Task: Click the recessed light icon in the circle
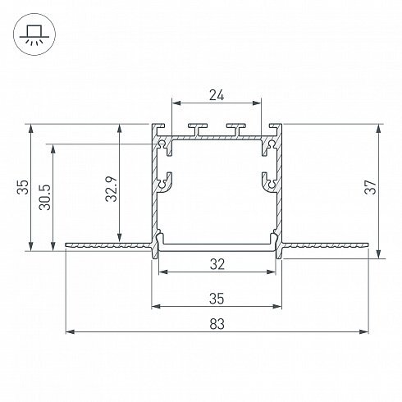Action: (34, 34)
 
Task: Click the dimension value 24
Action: (217, 95)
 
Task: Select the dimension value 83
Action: (217, 324)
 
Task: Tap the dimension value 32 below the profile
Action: (217, 264)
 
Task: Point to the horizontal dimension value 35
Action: (217, 299)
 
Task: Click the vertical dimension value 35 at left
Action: (23, 187)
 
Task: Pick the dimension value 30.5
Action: (45, 197)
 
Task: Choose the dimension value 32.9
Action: (112, 189)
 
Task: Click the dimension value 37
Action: (371, 187)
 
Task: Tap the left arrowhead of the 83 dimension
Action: (70, 331)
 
